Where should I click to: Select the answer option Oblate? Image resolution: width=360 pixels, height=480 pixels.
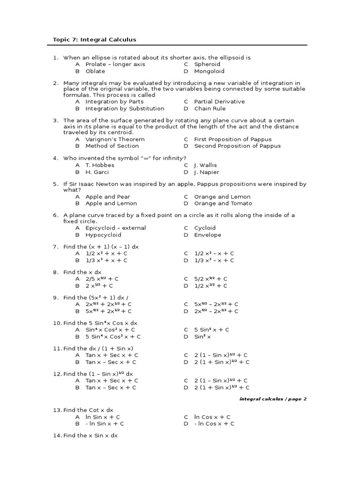pos(95,71)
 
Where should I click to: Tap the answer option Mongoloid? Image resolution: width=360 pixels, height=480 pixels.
pos(209,71)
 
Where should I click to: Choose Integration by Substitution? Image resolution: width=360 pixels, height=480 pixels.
pos(125,108)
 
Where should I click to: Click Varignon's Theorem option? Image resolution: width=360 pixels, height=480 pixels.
pos(115,139)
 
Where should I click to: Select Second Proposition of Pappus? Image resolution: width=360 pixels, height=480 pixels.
pos(237,146)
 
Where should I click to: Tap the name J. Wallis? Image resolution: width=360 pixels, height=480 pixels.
pos(205,165)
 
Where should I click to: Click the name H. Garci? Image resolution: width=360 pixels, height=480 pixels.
pos(97,172)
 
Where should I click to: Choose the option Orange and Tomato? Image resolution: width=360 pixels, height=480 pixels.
pos(223,203)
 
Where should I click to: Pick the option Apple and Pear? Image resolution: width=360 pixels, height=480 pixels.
pos(108,197)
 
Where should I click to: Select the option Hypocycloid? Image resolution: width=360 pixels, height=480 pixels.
pos(103,235)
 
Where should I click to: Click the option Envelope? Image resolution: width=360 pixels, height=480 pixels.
pos(208,235)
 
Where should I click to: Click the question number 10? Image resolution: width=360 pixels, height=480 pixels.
pos(56,323)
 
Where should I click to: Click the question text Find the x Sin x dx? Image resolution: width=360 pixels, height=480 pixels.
pos(90,435)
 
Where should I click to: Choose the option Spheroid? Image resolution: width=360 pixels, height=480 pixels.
pos(207,64)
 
